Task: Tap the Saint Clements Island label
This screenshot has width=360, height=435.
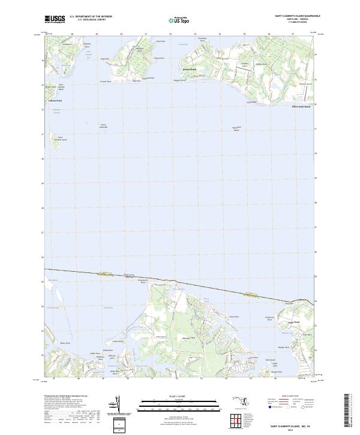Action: [60, 139]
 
